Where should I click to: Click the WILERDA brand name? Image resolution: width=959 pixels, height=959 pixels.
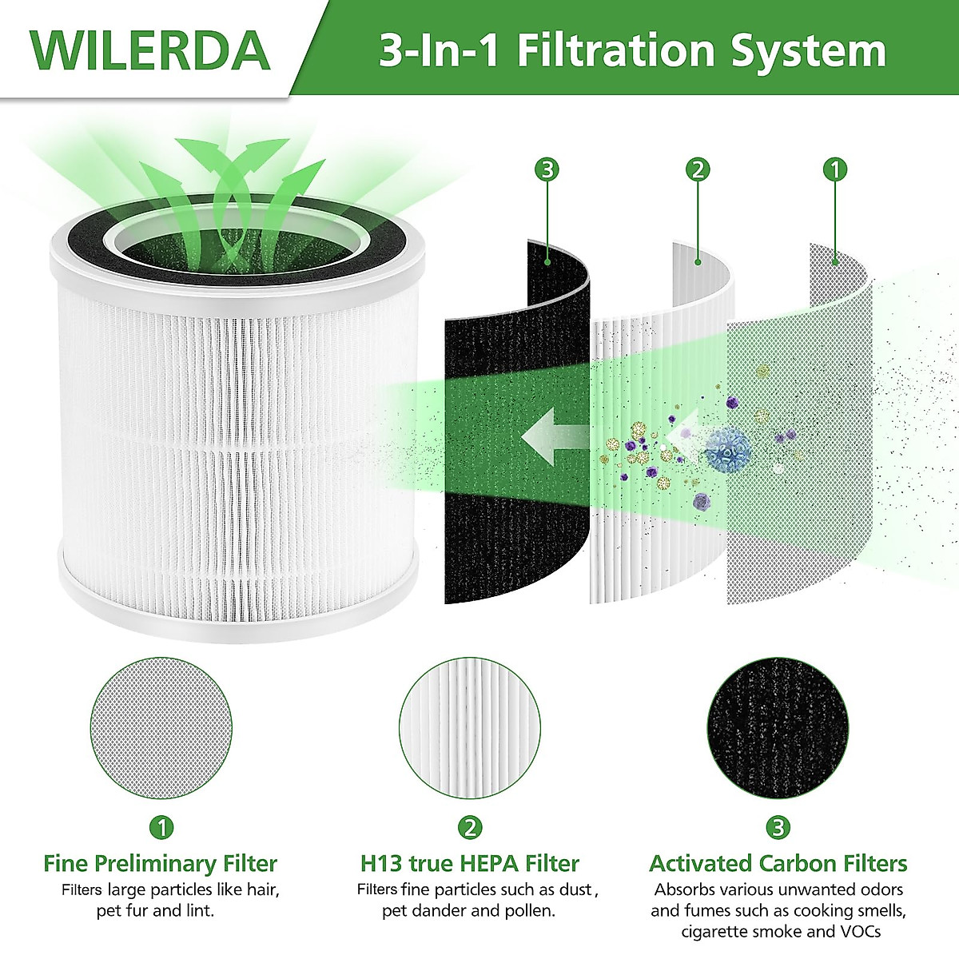pyautogui.click(x=150, y=50)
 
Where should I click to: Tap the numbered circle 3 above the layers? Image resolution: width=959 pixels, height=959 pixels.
pyautogui.click(x=547, y=169)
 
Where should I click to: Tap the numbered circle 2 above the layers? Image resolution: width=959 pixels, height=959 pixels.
pyautogui.click(x=698, y=169)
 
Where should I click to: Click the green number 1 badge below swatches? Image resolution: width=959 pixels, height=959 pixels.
pyautogui.click(x=161, y=827)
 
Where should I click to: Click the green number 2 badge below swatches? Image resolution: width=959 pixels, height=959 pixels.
pyautogui.click(x=470, y=827)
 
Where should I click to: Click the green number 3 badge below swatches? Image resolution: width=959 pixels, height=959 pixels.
pyautogui.click(x=778, y=827)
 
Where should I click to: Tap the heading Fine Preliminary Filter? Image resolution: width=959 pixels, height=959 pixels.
pyautogui.click(x=160, y=863)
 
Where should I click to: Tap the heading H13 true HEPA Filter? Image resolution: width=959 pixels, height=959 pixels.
pyautogui.click(x=470, y=863)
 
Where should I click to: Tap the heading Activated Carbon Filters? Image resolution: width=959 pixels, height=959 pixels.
pyautogui.click(x=778, y=863)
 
